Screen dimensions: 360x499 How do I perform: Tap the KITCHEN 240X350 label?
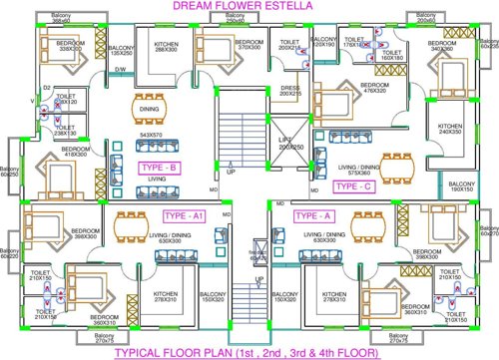(450, 130)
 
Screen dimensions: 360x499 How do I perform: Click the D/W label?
(120, 69)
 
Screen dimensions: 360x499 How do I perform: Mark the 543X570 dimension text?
(151, 134)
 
